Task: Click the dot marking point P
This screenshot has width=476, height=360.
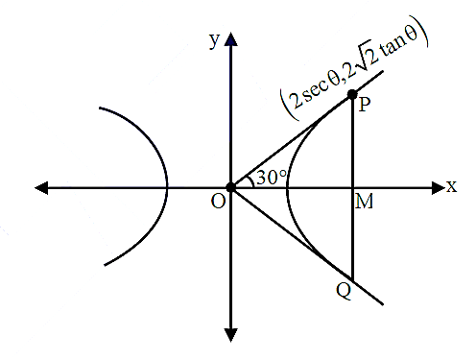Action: click(x=352, y=94)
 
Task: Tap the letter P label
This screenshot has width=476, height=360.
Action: click(x=365, y=105)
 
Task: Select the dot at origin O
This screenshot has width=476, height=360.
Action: click(x=230, y=187)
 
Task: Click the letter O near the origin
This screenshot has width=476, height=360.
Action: click(x=219, y=202)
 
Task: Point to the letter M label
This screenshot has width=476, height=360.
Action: click(x=365, y=202)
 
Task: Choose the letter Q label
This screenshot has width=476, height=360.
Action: click(x=344, y=292)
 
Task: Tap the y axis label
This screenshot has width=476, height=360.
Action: click(x=215, y=40)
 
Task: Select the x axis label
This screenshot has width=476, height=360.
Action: click(x=452, y=186)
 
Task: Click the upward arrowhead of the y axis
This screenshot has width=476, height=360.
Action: click(x=231, y=39)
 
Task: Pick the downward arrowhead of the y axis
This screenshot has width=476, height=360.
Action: click(x=231, y=335)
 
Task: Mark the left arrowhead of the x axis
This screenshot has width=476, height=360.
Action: click(x=41, y=188)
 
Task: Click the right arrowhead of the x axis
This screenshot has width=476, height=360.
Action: click(x=439, y=188)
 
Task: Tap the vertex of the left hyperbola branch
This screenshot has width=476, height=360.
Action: click(x=167, y=187)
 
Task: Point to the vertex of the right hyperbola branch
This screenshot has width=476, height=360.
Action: click(x=287, y=189)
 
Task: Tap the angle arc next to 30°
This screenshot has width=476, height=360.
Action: click(x=250, y=181)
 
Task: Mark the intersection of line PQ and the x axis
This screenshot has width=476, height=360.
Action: click(x=352, y=188)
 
